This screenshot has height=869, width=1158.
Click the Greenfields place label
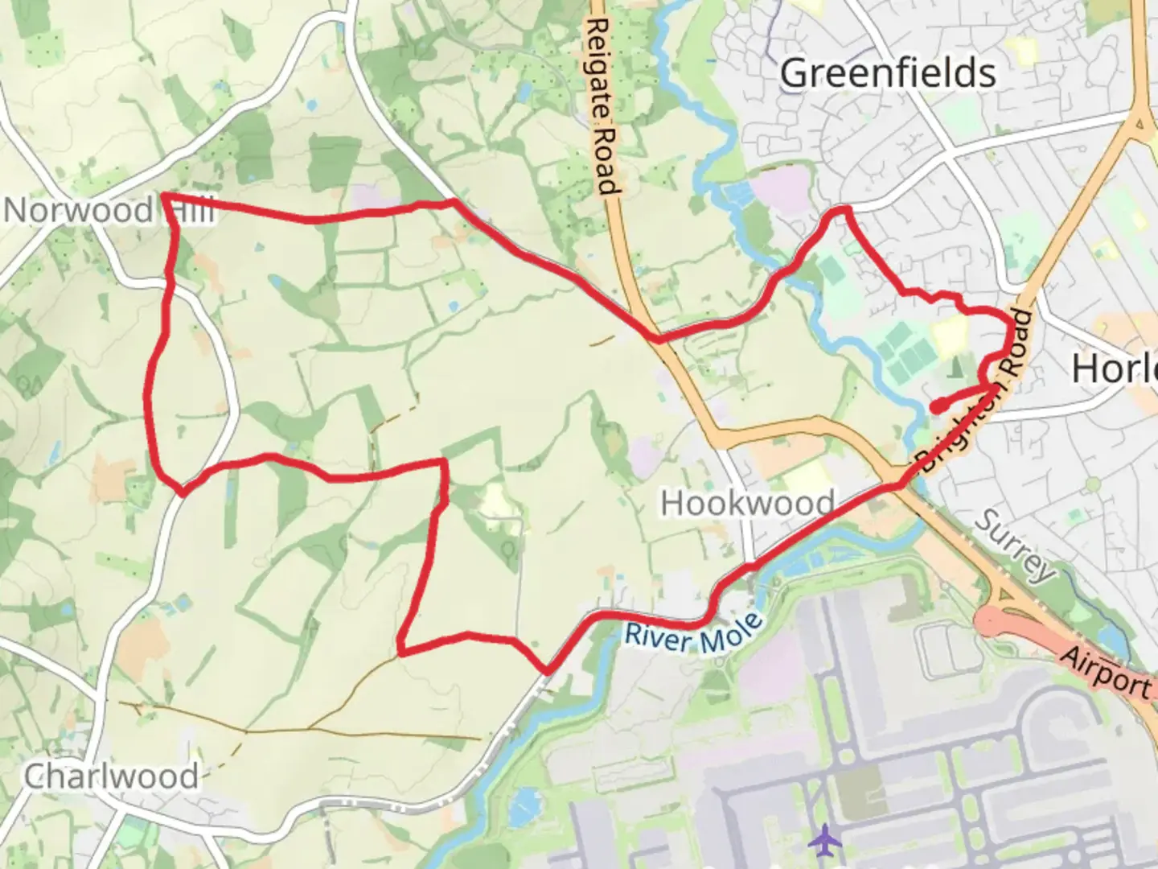pos(888,73)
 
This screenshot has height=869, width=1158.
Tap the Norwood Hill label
pos(109,211)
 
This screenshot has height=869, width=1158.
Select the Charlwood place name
pos(111,776)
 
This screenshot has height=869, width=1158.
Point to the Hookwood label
pos(748,504)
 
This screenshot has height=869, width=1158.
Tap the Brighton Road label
pos(976,392)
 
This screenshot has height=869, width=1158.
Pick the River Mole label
pos(694,635)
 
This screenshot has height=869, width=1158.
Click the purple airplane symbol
pos(823,842)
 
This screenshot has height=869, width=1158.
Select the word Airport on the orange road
pos(1107,671)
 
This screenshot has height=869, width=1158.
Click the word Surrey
pos(1015,546)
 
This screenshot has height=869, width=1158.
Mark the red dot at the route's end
pos(937,406)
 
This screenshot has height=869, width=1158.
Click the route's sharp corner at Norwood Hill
pos(165,196)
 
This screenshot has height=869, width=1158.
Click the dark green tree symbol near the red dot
pos(955,369)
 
